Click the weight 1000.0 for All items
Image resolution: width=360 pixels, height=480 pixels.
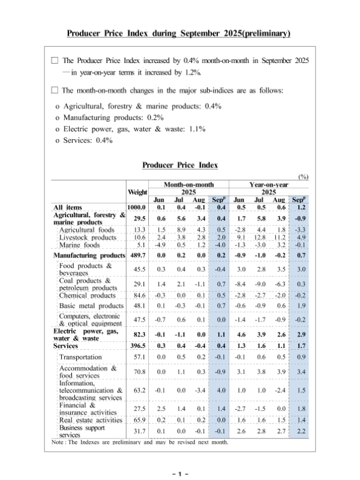pyautogui.click(x=138, y=208)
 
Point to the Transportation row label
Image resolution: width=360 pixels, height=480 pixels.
pyautogui.click(x=80, y=357)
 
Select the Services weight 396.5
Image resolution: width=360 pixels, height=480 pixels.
pyautogui.click(x=138, y=346)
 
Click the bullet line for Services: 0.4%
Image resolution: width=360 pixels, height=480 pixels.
pyautogui.click(x=83, y=140)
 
